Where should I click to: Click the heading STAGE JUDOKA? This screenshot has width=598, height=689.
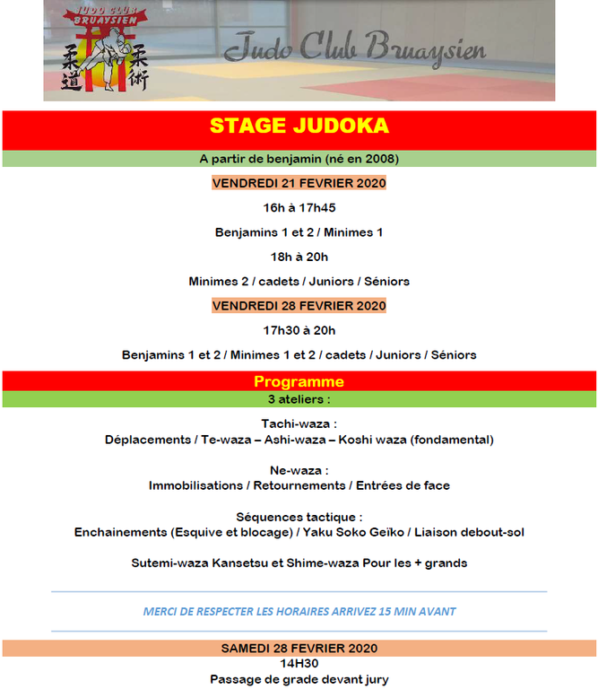click(x=299, y=126)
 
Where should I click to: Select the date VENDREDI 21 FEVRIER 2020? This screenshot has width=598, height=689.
click(x=299, y=183)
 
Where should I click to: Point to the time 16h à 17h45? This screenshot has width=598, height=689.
click(x=299, y=207)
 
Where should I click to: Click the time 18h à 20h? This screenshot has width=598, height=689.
click(x=299, y=257)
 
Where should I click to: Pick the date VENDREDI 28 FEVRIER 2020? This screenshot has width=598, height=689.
click(x=299, y=306)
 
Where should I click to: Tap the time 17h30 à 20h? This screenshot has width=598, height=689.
click(x=299, y=330)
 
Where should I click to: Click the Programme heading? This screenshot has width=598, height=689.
click(x=299, y=382)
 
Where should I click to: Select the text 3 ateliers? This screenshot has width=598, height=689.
click(x=299, y=399)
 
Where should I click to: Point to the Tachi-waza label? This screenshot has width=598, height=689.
click(x=299, y=423)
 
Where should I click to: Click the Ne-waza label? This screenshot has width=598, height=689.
click(x=299, y=470)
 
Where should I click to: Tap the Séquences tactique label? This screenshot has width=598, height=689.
click(x=299, y=517)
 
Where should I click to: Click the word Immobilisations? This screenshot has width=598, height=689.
click(x=195, y=485)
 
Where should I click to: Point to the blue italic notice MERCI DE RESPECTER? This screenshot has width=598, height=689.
click(x=299, y=612)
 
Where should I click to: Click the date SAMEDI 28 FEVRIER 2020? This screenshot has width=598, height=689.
click(x=299, y=648)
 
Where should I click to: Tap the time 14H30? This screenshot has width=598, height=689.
click(x=299, y=665)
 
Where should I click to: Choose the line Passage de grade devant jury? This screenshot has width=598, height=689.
click(x=299, y=680)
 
